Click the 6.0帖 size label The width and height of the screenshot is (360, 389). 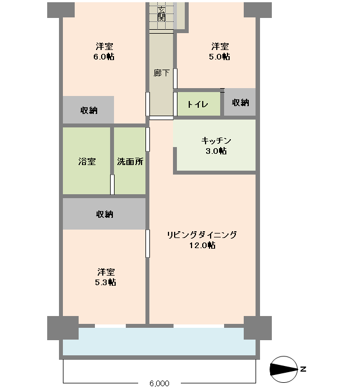(x=104, y=57)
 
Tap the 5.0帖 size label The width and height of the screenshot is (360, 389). (x=220, y=57)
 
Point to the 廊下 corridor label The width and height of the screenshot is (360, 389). (x=161, y=73)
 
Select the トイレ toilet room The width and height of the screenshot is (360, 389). (x=198, y=104)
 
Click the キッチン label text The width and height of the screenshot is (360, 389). (x=216, y=140)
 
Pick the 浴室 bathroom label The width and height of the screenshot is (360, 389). (x=86, y=162)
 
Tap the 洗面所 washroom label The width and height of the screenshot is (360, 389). (x=130, y=162)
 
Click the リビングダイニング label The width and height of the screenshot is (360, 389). (x=202, y=235)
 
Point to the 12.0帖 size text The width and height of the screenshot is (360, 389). (x=202, y=245)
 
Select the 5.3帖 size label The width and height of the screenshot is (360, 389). (x=105, y=282)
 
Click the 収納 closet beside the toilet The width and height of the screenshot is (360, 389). (x=240, y=103)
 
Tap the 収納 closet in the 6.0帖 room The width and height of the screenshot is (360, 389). (x=88, y=111)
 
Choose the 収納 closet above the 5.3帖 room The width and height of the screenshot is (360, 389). (x=104, y=214)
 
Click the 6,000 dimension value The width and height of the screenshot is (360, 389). (x=160, y=384)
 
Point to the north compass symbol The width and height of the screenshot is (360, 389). (x=284, y=369)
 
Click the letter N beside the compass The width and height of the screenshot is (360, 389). (x=303, y=369)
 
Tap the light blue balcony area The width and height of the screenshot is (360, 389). (x=160, y=342)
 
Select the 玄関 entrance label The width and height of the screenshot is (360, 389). (x=161, y=14)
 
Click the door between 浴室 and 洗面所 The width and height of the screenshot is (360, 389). (x=112, y=185)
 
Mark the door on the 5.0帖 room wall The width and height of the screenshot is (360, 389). (x=175, y=79)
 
